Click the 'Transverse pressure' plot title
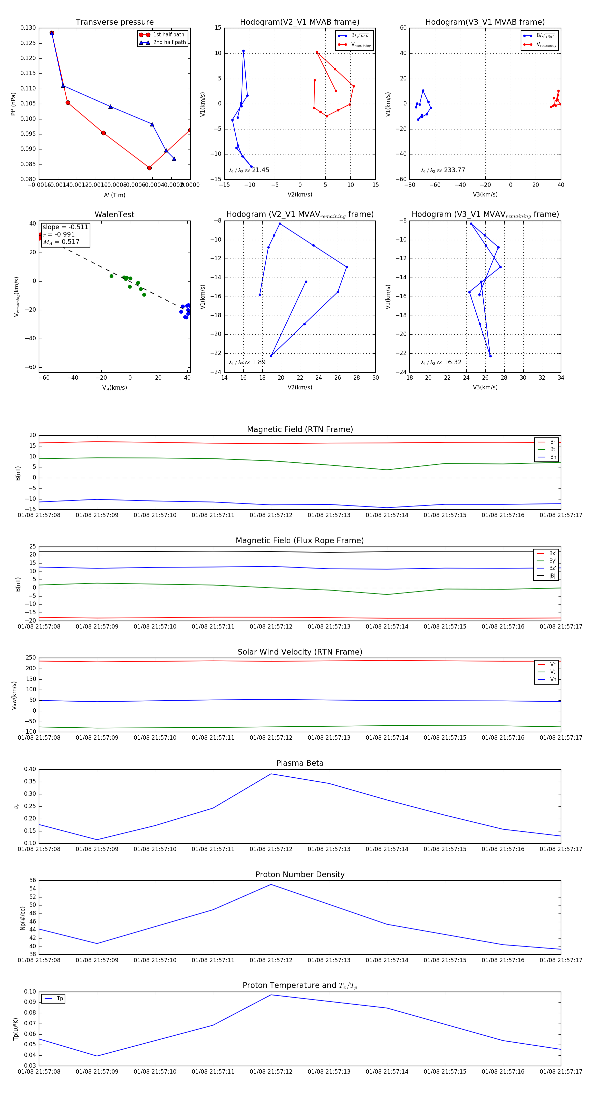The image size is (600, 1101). (114, 22)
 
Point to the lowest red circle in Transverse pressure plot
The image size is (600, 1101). (149, 168)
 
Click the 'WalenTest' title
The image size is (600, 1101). (114, 215)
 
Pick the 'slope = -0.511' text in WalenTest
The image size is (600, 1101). (65, 227)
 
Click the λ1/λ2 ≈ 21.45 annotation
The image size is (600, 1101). (249, 170)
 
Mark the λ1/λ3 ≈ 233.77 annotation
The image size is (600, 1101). (443, 170)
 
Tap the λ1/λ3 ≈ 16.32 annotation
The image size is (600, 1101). (441, 362)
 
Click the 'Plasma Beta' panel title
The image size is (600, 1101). (300, 763)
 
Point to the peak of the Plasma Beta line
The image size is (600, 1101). (271, 774)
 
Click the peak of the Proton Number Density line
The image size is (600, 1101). (271, 884)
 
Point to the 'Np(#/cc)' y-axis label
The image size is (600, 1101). (23, 918)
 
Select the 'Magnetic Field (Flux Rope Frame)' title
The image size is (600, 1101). (300, 541)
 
